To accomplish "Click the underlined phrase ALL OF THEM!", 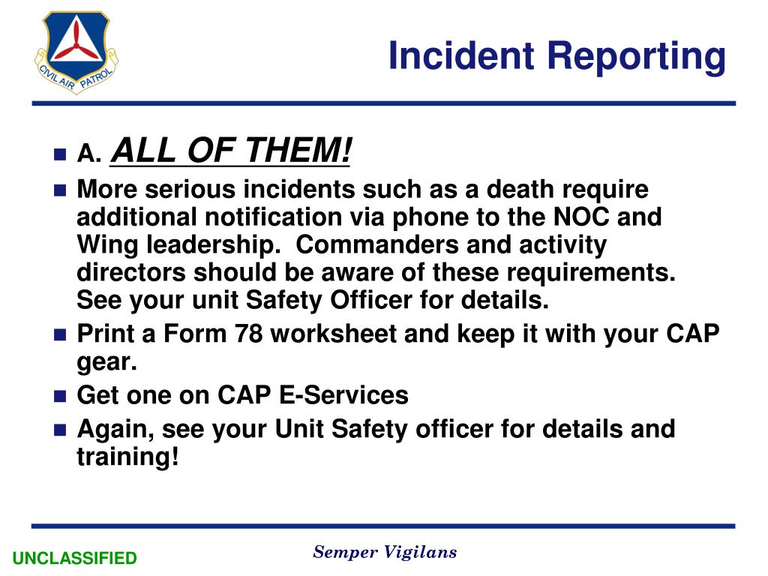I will click(231, 152).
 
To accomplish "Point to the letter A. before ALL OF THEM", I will click(88, 154).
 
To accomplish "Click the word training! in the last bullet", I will click(127, 457).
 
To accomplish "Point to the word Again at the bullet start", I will click(115, 430).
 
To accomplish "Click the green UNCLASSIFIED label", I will click(75, 558).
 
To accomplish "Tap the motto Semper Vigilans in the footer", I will click(385, 553).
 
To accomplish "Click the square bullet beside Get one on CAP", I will click(61, 395).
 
